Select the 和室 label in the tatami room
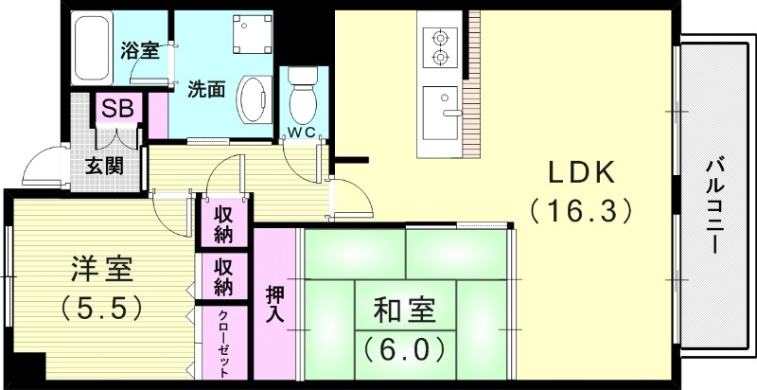pos(403,311)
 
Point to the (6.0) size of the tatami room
pos(403,349)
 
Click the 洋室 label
pos(101,271)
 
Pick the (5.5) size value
pos(101,307)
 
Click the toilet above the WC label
pos(303,92)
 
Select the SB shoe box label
pos(117,109)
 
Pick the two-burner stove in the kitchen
pos(438,47)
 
